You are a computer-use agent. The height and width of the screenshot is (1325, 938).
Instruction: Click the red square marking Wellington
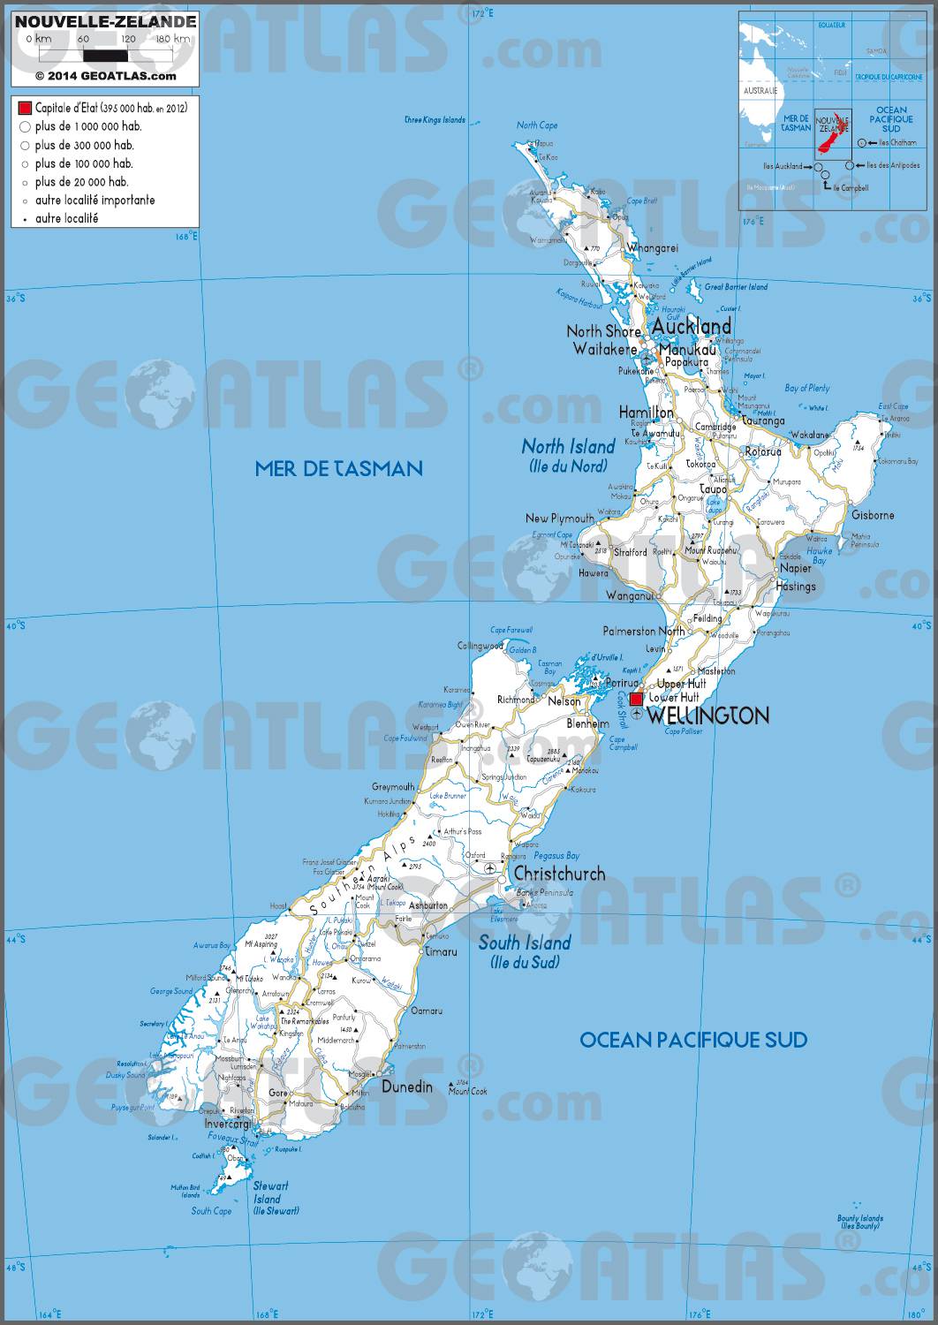pos(636,700)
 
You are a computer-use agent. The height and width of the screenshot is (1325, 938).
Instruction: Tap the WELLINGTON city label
pos(707,715)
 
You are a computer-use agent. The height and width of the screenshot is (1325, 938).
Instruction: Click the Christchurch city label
pos(559,874)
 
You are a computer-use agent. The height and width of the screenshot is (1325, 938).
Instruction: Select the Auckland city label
pos(691,327)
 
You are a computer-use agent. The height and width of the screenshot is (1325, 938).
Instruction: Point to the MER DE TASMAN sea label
pos(338,468)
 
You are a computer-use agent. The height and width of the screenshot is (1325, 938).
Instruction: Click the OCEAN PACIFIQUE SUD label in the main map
pos(692,1040)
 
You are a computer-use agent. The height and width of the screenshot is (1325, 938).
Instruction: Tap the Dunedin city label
pos(407,1086)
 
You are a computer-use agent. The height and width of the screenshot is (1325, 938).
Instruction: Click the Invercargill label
pos(226,1124)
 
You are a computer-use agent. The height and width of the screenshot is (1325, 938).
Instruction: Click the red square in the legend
pos(25,108)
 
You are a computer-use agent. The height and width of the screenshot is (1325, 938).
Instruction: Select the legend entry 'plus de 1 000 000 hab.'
pos(88,126)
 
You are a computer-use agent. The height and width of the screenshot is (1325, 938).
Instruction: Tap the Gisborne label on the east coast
pos(872,515)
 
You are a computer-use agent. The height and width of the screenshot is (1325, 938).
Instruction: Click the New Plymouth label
pos(559,519)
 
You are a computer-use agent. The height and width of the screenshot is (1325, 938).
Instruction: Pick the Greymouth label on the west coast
pos(393,786)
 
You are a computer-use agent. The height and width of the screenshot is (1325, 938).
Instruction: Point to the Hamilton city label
pos(646,413)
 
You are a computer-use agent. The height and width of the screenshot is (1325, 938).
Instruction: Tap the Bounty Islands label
pos(859,1223)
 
